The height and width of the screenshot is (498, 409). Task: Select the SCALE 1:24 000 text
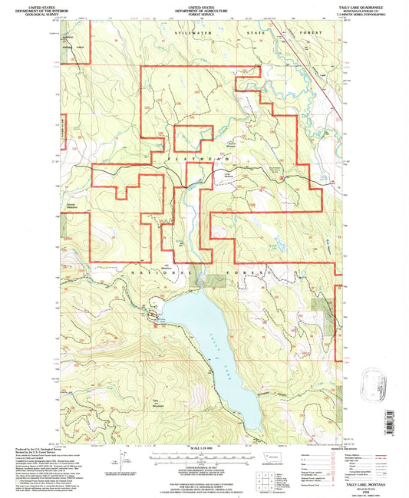coord(204,448)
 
